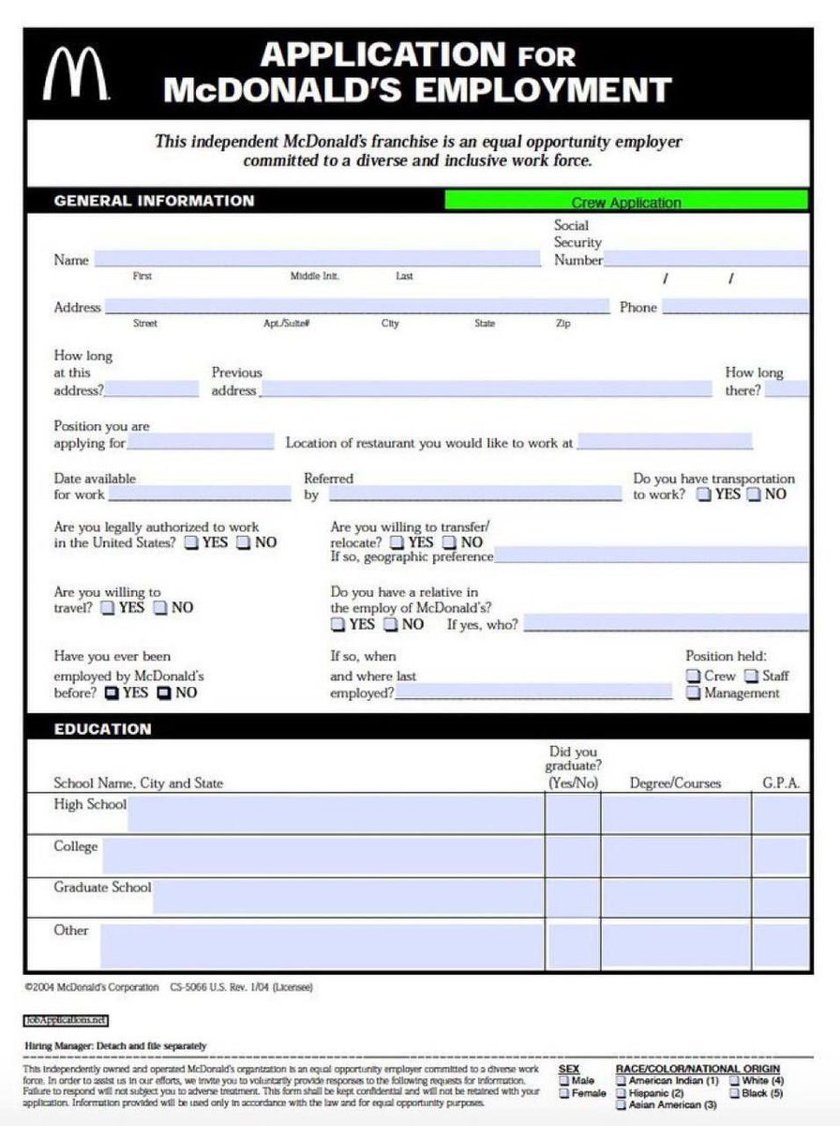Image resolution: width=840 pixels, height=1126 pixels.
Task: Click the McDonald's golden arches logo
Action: coord(75,76)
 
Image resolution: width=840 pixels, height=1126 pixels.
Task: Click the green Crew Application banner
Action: coord(625,202)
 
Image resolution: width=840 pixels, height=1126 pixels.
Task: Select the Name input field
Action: coord(317,260)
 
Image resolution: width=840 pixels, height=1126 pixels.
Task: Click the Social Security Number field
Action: coord(706,260)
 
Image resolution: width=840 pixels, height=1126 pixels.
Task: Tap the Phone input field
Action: coord(735,307)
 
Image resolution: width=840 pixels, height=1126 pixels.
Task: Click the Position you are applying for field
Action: coord(201,443)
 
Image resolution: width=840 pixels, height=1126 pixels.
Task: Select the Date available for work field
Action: coord(200,494)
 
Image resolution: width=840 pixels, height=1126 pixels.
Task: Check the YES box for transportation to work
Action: coord(703,495)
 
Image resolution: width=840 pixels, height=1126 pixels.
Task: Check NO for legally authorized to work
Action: coord(244,542)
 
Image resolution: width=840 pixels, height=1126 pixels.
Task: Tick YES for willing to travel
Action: coord(108,607)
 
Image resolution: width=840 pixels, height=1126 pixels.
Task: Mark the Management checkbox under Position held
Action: coord(693,693)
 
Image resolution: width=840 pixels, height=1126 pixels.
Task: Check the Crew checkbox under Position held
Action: coord(693,676)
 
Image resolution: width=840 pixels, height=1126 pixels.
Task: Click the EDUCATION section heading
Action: coord(102,728)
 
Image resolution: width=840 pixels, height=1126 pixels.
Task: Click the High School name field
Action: coord(335,814)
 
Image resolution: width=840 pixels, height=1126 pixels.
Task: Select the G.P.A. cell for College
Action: coord(780,856)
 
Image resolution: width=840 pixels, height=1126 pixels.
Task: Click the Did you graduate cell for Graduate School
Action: coord(573,898)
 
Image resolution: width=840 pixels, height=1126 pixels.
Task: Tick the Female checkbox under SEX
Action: coord(564,1093)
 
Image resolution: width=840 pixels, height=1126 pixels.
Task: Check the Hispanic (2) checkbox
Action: coord(621,1093)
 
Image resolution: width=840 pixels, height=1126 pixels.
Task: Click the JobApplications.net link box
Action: coord(66,1019)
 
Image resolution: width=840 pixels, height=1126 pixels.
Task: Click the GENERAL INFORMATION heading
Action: coord(154,201)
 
